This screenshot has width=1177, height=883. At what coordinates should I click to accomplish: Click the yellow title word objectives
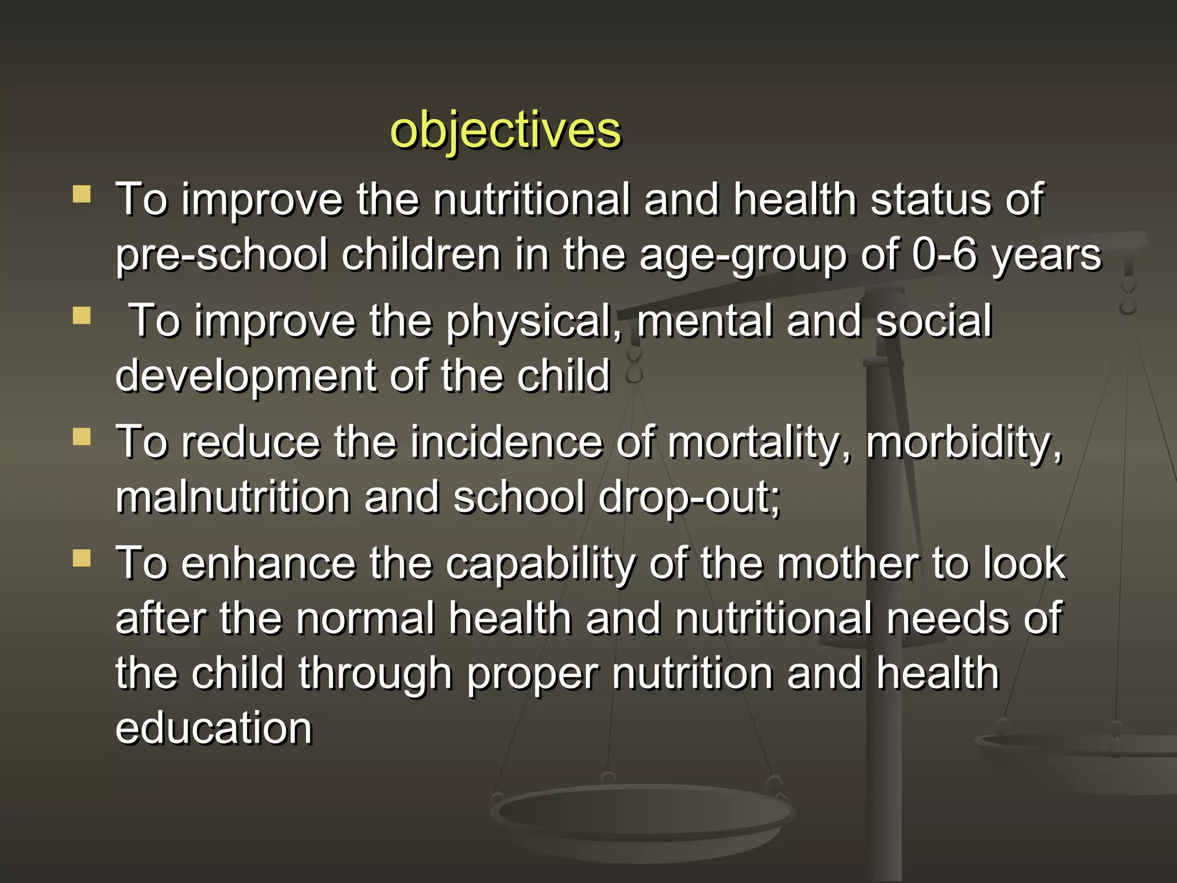pyautogui.click(x=505, y=130)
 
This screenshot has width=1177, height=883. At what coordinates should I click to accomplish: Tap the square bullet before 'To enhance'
pyautogui.click(x=82, y=558)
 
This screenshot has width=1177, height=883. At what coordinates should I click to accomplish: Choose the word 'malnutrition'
pyautogui.click(x=233, y=497)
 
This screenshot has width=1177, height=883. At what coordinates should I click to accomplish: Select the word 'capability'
pyautogui.click(x=540, y=565)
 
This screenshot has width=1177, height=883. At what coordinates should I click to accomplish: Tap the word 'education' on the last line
pyautogui.click(x=214, y=728)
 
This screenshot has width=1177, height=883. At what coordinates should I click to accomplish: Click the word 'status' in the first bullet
pyautogui.click(x=930, y=199)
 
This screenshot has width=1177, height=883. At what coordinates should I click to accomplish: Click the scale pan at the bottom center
pyautogui.click(x=642, y=813)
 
